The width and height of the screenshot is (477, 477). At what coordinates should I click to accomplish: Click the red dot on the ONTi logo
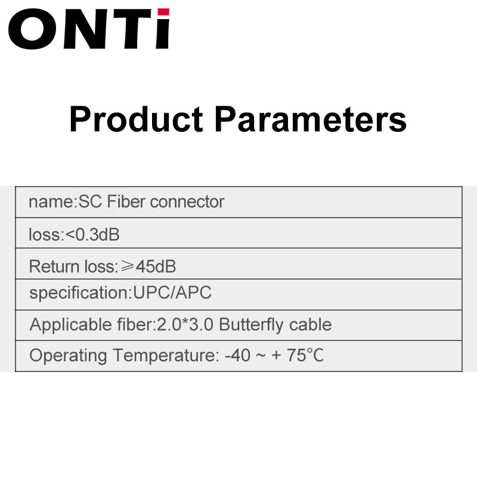pos(163,12)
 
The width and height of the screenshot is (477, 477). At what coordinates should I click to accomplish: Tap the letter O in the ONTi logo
pos(33,29)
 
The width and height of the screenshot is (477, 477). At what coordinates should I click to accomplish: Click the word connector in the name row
pos(187,202)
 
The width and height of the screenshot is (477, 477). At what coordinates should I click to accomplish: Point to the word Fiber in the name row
pos(126,202)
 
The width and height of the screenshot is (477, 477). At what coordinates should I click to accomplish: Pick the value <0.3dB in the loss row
pos(92,234)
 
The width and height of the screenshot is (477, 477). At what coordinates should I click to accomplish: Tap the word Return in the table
pos(54,267)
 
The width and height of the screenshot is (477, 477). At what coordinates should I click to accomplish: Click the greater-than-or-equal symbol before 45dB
pos(127,266)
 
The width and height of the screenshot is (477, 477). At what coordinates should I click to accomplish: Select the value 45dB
pos(156,267)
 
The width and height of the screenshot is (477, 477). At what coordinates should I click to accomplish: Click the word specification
pos(80,293)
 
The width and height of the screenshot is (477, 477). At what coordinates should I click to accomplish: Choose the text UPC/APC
pos(172,293)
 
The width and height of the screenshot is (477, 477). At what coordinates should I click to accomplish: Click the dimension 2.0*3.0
pos(185,324)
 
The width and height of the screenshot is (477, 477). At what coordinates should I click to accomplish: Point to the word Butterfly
pos(251,325)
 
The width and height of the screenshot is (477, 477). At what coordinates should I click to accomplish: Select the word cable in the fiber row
pos(310,324)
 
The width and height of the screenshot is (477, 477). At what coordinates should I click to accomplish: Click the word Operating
pos(68,355)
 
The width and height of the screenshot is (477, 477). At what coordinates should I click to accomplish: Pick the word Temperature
pos(166,355)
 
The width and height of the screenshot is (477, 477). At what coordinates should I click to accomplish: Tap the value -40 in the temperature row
pos(237,355)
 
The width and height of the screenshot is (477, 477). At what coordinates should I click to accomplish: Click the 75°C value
pos(305,355)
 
